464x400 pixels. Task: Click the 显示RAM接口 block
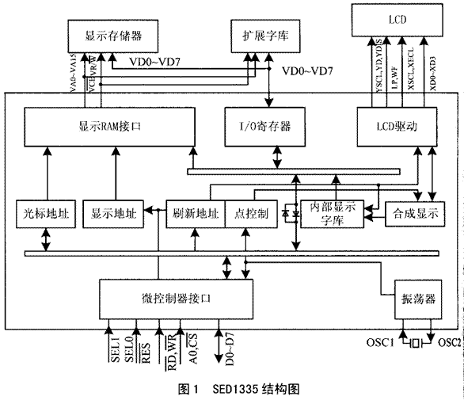coord(111,124)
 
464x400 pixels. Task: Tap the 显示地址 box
coord(114,214)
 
